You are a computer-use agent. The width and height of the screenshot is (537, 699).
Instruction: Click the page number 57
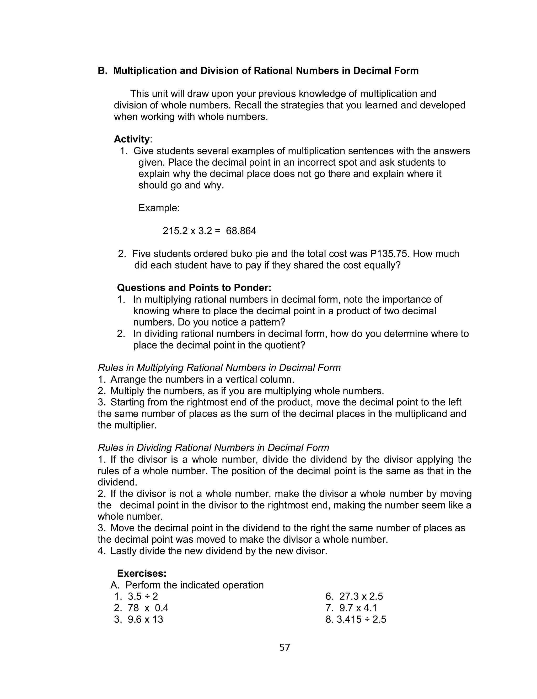[x=284, y=647]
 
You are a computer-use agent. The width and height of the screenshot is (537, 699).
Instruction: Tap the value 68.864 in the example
[x=241, y=231]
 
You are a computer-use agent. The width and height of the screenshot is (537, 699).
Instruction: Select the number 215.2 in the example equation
[x=175, y=231]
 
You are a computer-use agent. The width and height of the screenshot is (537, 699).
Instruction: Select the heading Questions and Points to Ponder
[x=194, y=288]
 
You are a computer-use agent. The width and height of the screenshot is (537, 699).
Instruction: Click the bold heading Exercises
[x=142, y=573]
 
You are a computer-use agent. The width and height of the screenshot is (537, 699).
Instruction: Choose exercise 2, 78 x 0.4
[x=148, y=608]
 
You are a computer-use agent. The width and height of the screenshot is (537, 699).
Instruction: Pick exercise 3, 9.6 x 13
[x=145, y=619]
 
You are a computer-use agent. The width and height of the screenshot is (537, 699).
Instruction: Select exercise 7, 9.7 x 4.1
[x=358, y=608]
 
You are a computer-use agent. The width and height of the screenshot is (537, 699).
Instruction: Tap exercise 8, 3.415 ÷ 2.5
[x=361, y=619]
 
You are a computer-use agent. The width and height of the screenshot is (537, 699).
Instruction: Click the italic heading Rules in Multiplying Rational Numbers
[x=219, y=368]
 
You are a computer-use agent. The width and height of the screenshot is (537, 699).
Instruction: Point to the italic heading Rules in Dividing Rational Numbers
[x=213, y=448]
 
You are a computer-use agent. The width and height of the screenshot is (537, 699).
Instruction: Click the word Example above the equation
[x=159, y=208]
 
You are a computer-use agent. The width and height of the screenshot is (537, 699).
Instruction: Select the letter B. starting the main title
[x=102, y=70]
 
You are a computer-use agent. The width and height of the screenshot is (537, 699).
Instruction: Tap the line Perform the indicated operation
[x=194, y=585]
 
